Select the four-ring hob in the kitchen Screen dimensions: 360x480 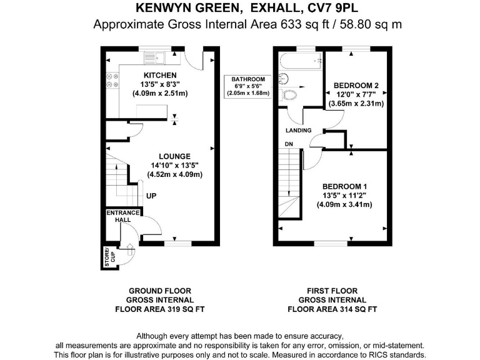click(x=111, y=80)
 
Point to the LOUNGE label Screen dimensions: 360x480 click(x=174, y=156)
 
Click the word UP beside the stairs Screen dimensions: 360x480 click(x=151, y=196)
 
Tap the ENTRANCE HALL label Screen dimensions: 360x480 click(x=122, y=217)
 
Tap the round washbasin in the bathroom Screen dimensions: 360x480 click(x=283, y=78)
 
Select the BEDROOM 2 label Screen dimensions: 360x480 click(x=356, y=85)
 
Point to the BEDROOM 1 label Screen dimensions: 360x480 click(x=344, y=186)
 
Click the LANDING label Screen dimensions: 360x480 click(x=298, y=131)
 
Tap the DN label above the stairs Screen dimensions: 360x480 click(x=289, y=144)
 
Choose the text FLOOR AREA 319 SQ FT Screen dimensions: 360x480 click(x=159, y=309)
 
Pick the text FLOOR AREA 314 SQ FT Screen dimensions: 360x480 click(x=332, y=309)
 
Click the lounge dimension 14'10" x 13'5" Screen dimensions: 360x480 click(x=174, y=165)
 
